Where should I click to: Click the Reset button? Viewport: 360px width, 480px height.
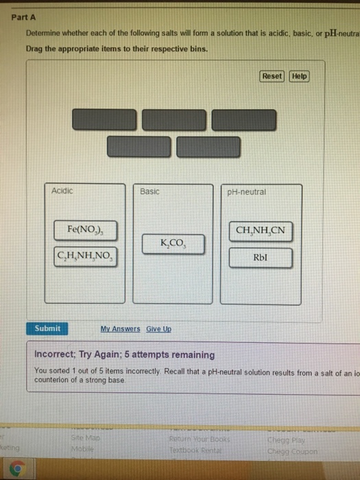pos(272,76)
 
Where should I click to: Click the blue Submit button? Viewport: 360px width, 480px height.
pos(47,328)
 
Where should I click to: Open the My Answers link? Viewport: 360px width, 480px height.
pos(120,329)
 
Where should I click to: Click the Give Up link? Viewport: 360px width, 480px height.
pos(158,329)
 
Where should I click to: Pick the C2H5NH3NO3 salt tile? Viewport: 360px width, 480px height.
pos(86,258)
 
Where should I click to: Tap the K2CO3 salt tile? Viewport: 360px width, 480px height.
pos(173,243)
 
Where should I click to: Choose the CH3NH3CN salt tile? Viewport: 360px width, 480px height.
pos(260,230)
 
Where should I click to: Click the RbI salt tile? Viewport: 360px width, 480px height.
pos(260,258)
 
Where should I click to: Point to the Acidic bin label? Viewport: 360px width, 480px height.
pos(62,191)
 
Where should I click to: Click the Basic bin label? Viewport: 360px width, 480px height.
pos(149,191)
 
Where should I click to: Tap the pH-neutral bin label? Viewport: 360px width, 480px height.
pos(245,192)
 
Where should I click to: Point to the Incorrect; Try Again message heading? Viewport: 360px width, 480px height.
pos(124,355)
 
